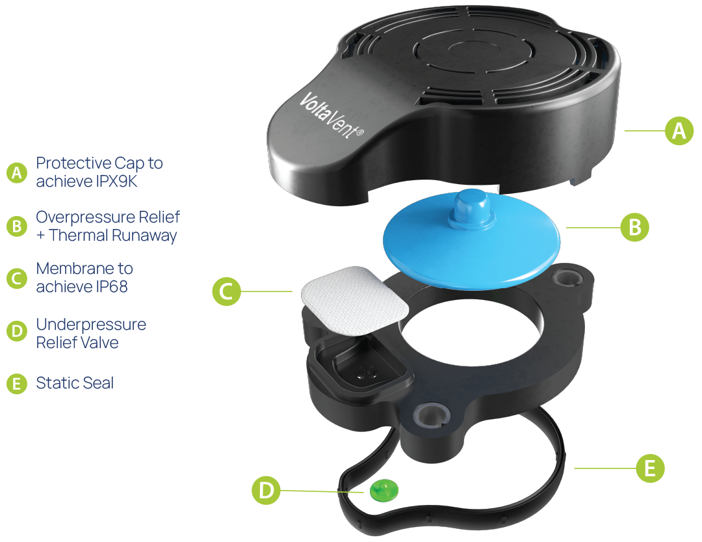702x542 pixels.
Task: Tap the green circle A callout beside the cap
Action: coord(679,131)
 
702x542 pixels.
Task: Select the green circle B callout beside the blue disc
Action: coord(634,227)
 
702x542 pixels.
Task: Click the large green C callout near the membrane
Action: coord(227,291)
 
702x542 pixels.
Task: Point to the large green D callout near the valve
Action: coord(266,490)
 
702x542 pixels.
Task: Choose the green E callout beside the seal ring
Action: coord(650,468)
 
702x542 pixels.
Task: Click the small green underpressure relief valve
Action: coord(383,490)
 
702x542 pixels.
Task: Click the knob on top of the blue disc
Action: coord(471,208)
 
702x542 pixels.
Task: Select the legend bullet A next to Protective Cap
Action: coord(17,172)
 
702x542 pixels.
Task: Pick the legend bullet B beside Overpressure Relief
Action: coord(17,226)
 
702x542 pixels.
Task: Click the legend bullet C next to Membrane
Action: coord(17,278)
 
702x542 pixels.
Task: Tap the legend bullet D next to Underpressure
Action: coord(17,331)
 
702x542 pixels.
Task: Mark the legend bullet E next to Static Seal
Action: coord(17,384)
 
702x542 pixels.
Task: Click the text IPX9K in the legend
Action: coord(116,181)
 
